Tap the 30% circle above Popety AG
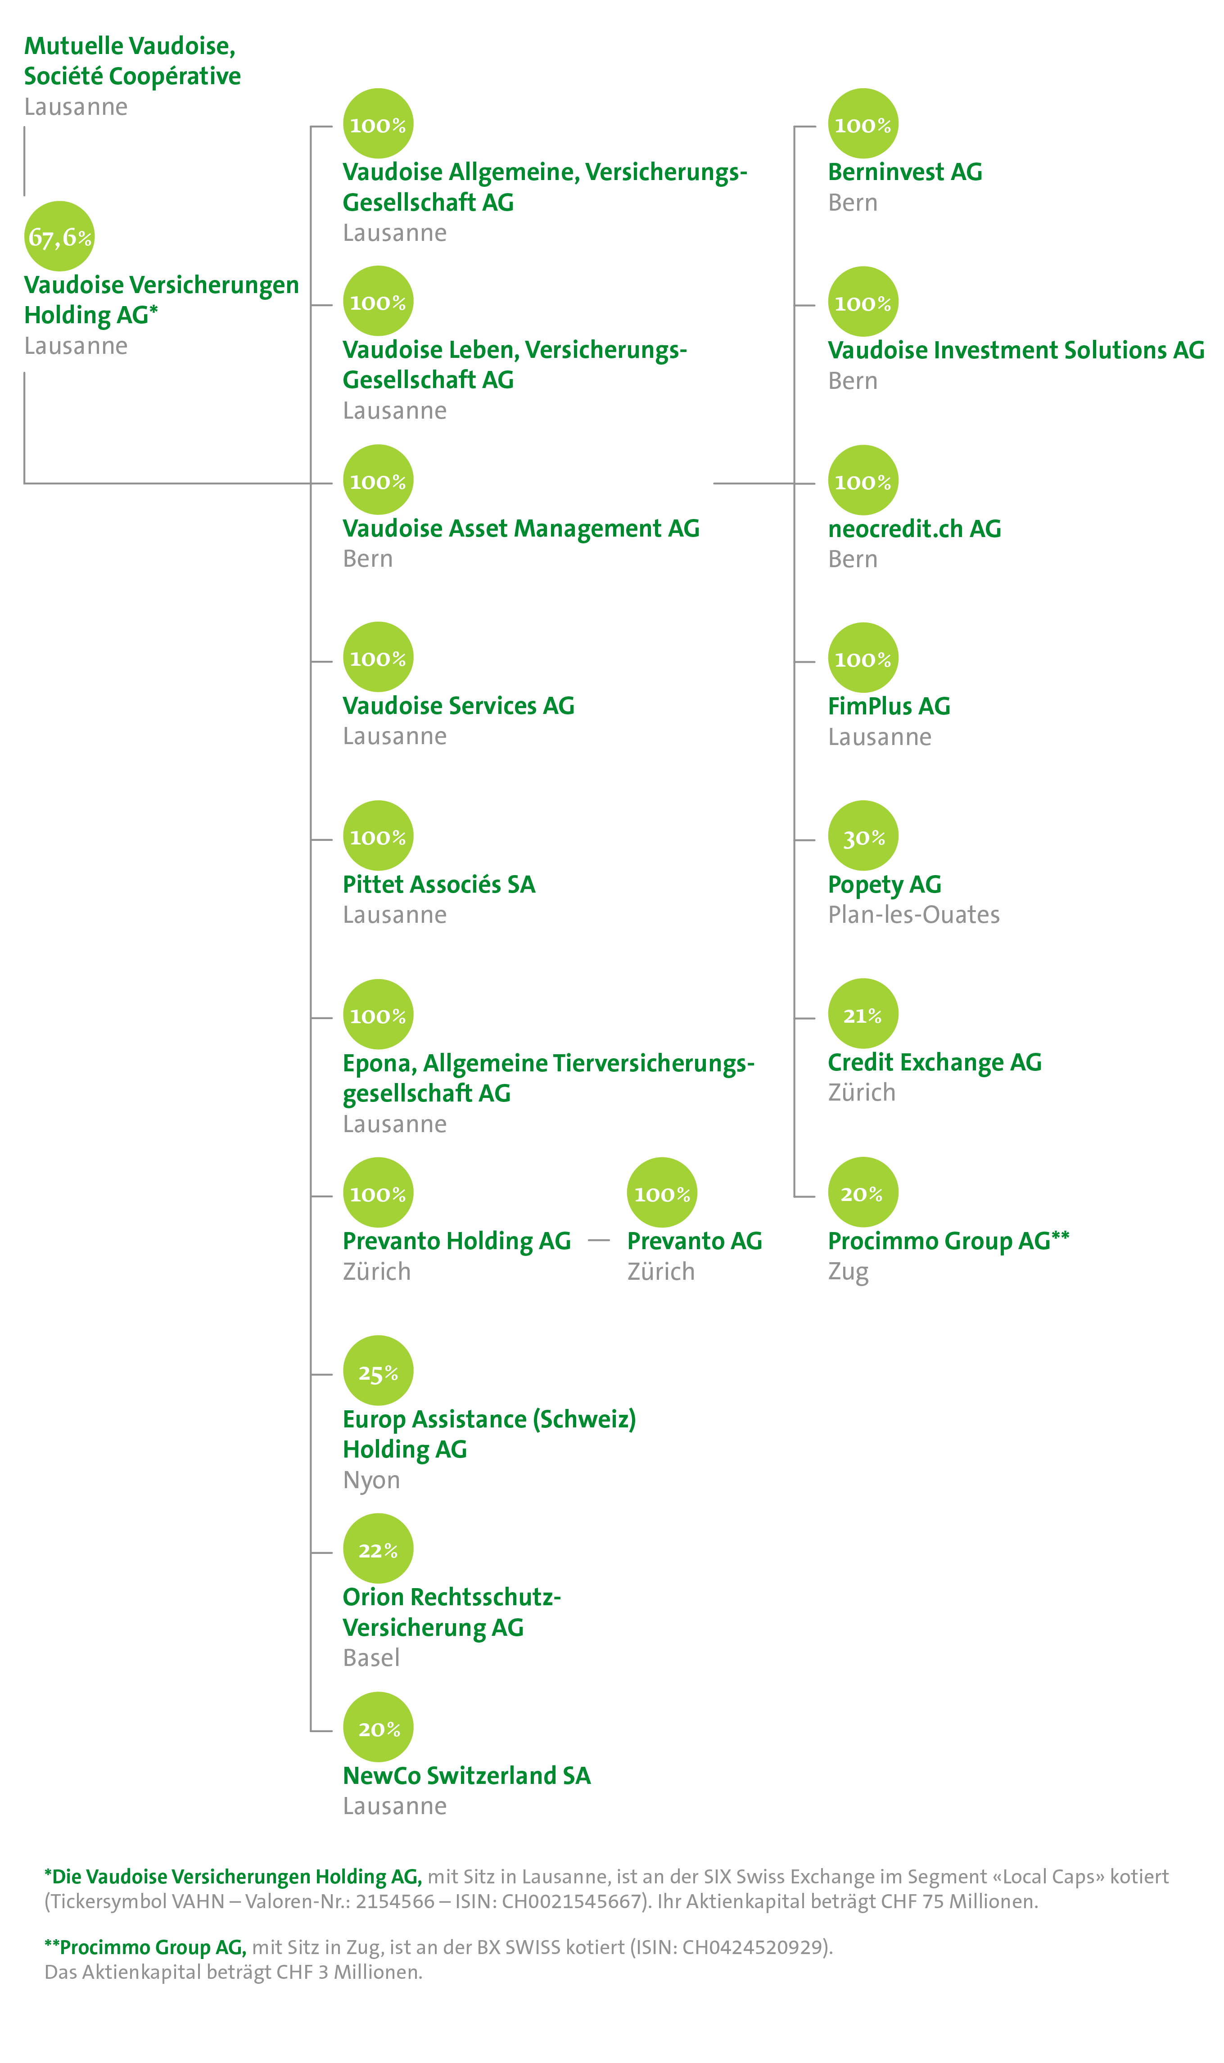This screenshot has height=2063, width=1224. (x=863, y=836)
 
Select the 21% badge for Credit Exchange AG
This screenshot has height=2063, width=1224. (x=863, y=1014)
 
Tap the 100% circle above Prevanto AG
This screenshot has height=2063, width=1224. (x=661, y=1193)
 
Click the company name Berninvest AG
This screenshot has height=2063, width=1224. (x=905, y=172)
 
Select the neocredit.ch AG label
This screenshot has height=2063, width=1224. (x=914, y=528)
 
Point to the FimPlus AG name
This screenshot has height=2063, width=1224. (x=889, y=707)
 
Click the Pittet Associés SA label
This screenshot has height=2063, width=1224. (x=439, y=885)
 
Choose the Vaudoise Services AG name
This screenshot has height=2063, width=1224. (x=459, y=707)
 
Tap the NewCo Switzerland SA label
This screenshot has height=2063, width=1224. (x=467, y=1775)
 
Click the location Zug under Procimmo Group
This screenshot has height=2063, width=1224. (x=848, y=1272)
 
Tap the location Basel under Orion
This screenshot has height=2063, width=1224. (x=371, y=1658)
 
